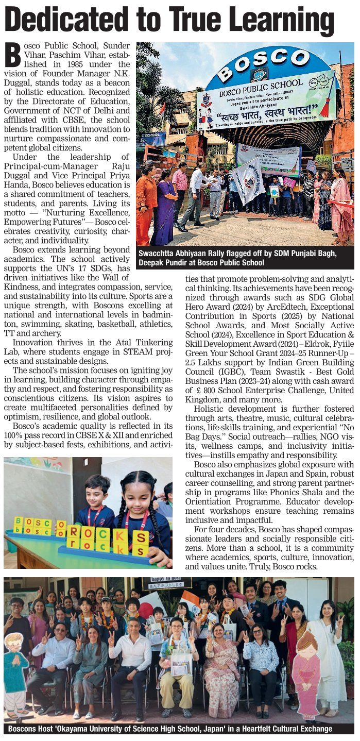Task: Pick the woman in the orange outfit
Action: (x=146, y=201)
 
